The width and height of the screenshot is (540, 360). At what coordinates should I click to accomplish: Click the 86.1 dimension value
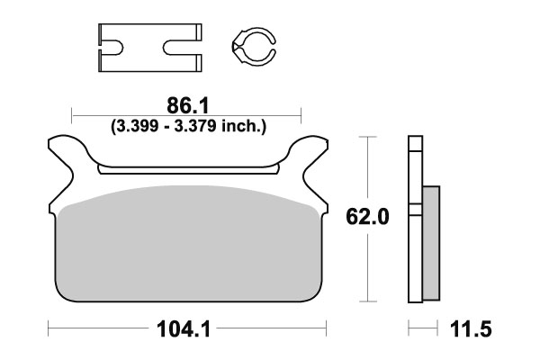187,104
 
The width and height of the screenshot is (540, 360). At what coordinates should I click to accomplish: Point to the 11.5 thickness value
472,329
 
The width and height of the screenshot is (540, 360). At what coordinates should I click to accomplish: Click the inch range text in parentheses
187,126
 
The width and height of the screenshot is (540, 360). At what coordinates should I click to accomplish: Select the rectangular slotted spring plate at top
145,44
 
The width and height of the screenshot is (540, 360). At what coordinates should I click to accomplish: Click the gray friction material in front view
189,247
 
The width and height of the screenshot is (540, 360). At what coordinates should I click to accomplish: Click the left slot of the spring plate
112,44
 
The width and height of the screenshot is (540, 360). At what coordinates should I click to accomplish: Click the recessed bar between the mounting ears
187,168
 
